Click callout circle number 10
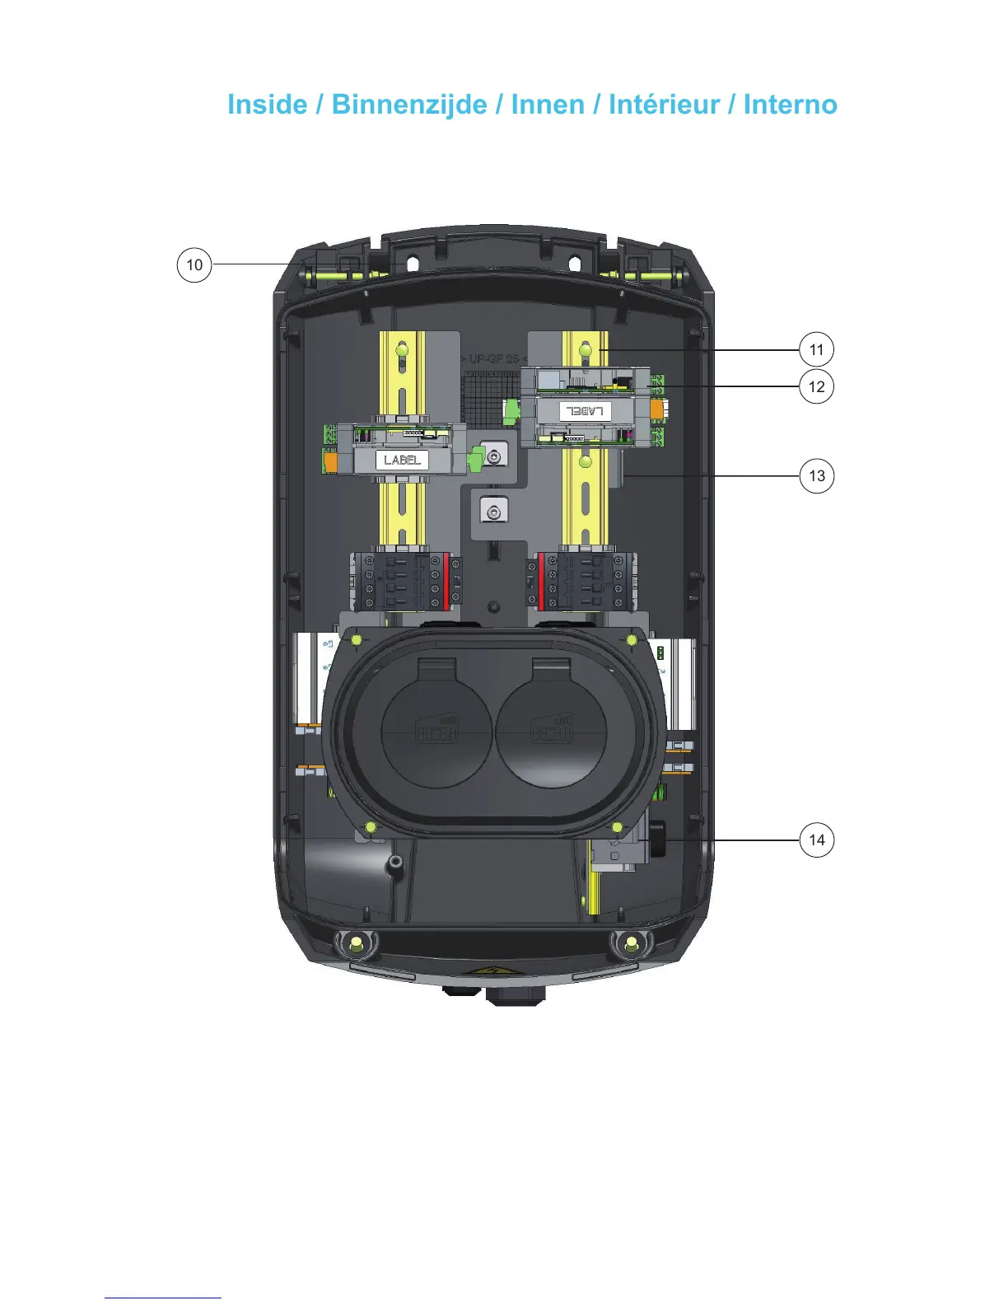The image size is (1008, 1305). (x=194, y=265)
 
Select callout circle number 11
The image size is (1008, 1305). (x=816, y=349)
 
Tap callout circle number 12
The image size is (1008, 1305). (x=816, y=386)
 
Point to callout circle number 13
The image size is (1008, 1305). (x=817, y=475)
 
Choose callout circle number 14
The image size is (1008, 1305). (x=816, y=840)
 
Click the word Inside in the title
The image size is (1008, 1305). (x=267, y=105)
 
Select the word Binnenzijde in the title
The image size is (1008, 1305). (x=409, y=105)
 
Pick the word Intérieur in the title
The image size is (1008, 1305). (x=665, y=105)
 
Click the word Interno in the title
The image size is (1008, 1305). (x=790, y=105)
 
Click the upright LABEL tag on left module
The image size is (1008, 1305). (x=402, y=460)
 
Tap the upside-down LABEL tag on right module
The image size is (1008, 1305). (x=586, y=410)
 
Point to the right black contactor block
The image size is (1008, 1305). (x=581, y=581)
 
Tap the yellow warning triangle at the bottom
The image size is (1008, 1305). (x=492, y=973)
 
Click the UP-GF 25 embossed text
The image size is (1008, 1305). (x=494, y=359)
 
